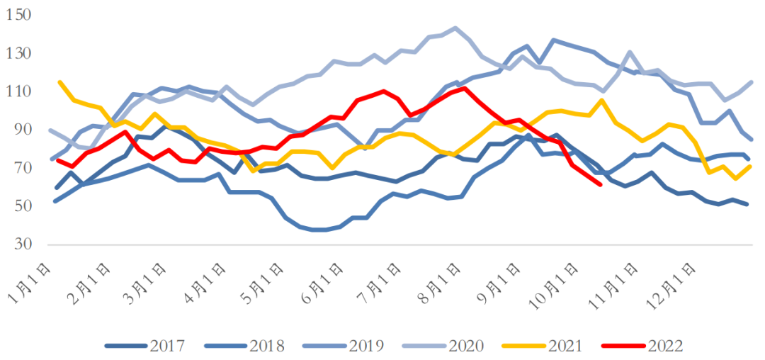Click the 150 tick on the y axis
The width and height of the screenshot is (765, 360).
[x=19, y=16]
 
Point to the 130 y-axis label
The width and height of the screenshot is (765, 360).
[x=19, y=54]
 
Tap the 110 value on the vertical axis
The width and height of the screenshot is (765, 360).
[x=19, y=92]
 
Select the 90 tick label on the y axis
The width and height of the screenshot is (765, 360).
[x=23, y=130]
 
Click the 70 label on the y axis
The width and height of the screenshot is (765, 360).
[x=23, y=169]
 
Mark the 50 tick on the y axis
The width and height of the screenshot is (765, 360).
[x=23, y=207]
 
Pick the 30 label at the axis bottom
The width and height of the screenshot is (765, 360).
[x=23, y=245]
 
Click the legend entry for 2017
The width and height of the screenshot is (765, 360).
[x=145, y=346]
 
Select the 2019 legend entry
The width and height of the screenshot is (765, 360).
[x=344, y=346]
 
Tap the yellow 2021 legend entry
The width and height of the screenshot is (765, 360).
[x=543, y=346]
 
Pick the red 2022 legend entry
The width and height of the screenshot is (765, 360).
[x=642, y=346]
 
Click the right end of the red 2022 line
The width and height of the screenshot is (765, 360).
[x=601, y=184]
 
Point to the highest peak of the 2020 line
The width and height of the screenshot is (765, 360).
[x=455, y=28]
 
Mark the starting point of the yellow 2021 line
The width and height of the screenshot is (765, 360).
[x=59, y=82]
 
